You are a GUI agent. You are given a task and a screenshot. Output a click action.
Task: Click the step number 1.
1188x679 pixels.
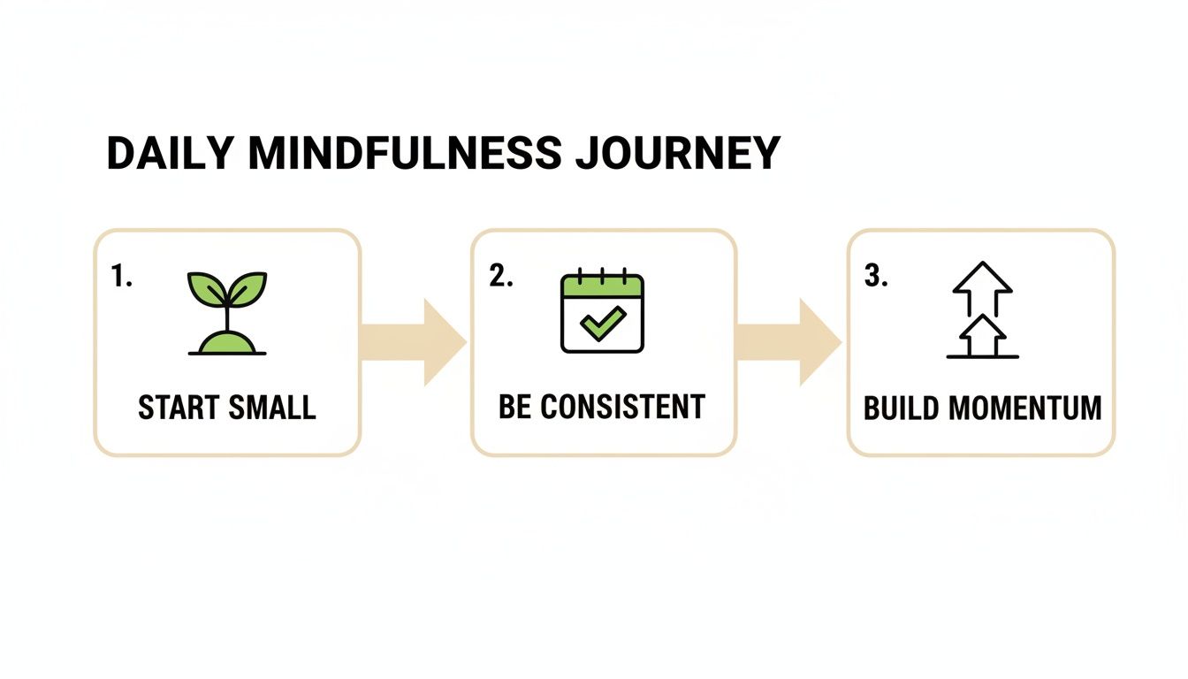tap(121, 277)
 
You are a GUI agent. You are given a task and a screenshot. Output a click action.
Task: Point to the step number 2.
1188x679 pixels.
tap(500, 277)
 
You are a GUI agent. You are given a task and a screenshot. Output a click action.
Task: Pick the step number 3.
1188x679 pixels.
tap(875, 277)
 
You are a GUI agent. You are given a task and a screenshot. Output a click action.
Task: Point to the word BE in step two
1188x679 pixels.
tap(514, 407)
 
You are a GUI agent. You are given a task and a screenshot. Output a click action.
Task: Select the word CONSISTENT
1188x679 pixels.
tap(622, 407)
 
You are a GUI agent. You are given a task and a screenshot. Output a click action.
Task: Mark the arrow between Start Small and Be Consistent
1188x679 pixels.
tap(415, 342)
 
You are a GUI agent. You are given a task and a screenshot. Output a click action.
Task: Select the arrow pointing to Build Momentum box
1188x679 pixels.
tap(790, 342)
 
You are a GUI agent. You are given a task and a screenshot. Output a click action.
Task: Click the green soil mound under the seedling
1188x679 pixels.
tap(227, 343)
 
